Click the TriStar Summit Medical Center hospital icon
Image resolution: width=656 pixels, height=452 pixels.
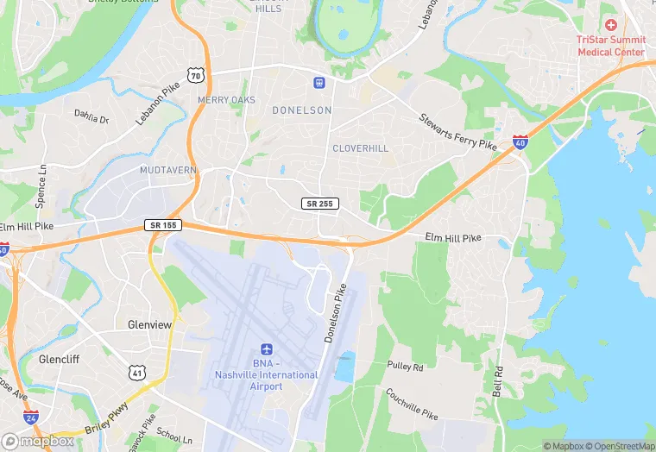pos(611,26)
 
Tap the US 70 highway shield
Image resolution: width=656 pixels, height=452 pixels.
pos(197,77)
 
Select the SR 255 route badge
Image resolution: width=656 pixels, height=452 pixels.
pos(320,204)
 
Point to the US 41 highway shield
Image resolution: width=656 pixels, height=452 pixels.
pos(136,373)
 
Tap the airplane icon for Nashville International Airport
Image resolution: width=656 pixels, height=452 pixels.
pos(266,350)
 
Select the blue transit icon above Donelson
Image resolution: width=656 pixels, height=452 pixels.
pos(319,83)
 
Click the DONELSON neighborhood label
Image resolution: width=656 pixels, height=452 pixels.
pos(301,110)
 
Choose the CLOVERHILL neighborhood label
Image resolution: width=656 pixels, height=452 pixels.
pos(360,148)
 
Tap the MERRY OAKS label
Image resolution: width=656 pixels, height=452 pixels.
pos(227,100)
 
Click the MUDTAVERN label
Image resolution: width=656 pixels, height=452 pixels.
pos(168,170)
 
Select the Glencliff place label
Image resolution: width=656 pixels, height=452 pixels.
pos(60,358)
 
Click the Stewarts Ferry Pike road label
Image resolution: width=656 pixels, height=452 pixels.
pos(458,131)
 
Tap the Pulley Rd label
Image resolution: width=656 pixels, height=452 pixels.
pos(405,367)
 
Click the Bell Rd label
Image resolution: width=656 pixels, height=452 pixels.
pos(498,381)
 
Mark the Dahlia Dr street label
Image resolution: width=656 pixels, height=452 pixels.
pos(91,116)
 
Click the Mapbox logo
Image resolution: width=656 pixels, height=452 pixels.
pos(39,441)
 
